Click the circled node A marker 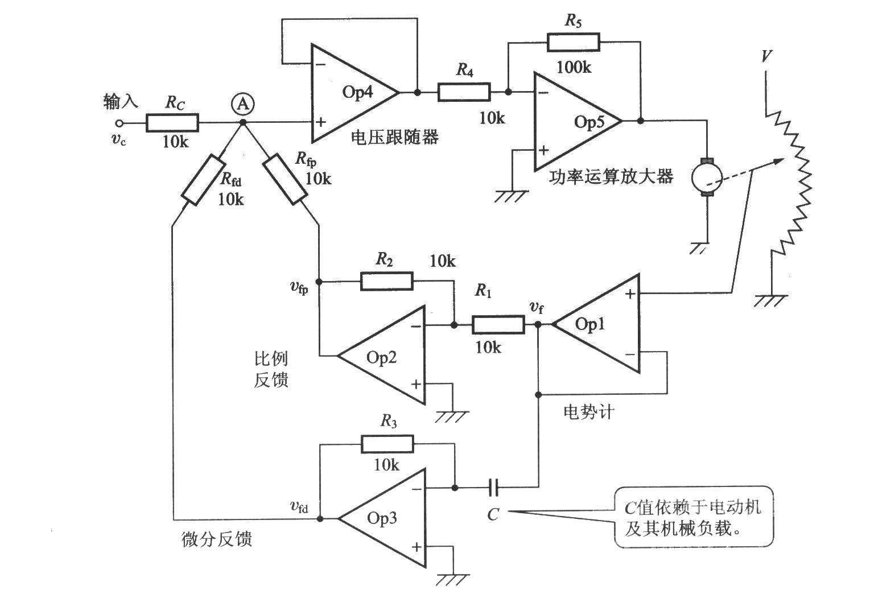pos(243,104)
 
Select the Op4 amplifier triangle pos(350,93)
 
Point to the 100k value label pos(574,67)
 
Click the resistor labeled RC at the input pos(172,123)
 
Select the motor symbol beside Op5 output pos(706,178)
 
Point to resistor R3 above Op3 pos(387,444)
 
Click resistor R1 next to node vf pos(497,325)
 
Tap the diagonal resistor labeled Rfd pos(203,180)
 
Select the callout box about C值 pos(694,517)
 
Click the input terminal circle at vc pos(119,123)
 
